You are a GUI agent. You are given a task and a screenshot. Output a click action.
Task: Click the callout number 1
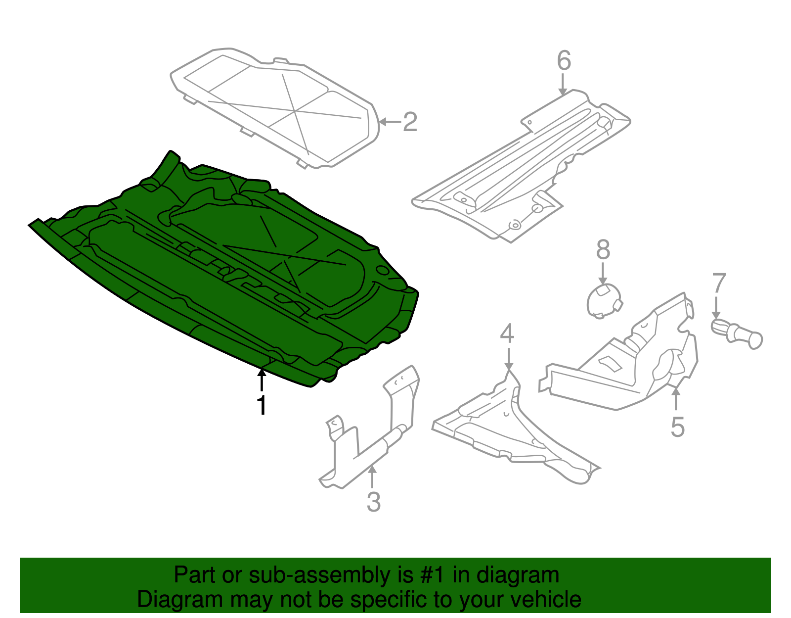tap(262, 406)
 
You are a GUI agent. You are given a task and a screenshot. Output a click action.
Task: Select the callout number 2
tap(410, 122)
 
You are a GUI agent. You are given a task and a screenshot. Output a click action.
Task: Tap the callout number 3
tap(374, 502)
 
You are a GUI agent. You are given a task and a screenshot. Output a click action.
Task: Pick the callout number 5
tap(677, 427)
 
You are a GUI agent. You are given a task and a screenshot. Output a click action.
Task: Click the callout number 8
tap(603, 250)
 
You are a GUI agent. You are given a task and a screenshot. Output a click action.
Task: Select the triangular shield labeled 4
tap(514, 430)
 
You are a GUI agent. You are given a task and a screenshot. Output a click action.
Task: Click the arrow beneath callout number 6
tap(563, 84)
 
